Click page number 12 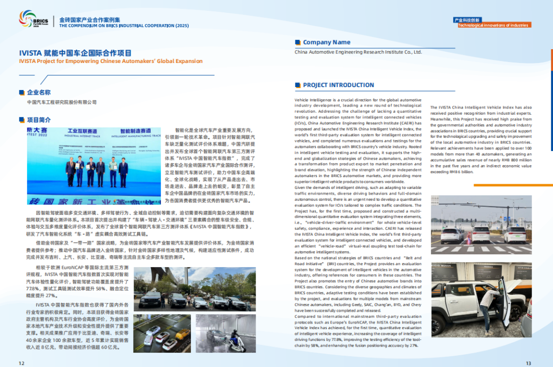point(21,363)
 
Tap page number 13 point(528,363)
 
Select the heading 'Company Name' point(327,42)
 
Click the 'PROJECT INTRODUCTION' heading point(338,85)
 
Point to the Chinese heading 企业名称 point(39,93)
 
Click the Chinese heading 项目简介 point(39,120)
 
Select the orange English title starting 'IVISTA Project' point(111,61)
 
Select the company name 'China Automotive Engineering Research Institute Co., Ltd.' point(358,52)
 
